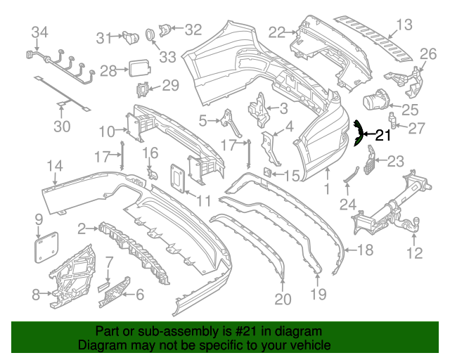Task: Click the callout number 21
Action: tap(382, 136)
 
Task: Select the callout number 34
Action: tap(40, 32)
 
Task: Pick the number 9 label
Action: tap(39, 221)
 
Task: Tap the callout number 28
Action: tap(108, 70)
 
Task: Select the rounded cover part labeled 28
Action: tap(138, 69)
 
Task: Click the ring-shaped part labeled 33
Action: tap(150, 34)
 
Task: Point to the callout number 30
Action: tap(63, 127)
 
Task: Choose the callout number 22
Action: tap(277, 31)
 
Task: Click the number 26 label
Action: tap(428, 54)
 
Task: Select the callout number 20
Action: tap(283, 300)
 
